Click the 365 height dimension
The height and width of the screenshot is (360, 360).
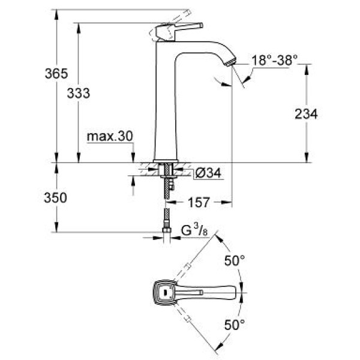[56, 74]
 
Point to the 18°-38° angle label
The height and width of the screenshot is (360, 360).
[274, 59]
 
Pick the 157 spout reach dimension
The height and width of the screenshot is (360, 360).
[199, 203]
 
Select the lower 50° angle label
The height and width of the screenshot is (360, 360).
[235, 325]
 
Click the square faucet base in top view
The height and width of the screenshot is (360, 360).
[163, 293]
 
